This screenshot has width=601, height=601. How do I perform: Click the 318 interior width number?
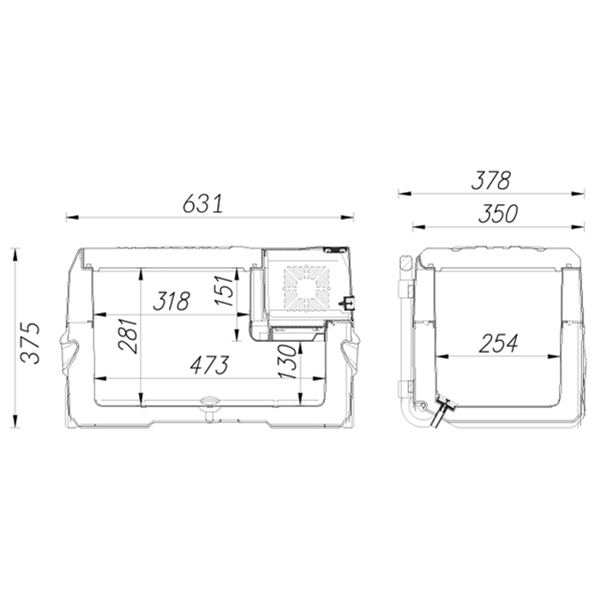172,302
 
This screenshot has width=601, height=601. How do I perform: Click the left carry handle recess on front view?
68,350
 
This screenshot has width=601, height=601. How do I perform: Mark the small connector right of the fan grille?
348,301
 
